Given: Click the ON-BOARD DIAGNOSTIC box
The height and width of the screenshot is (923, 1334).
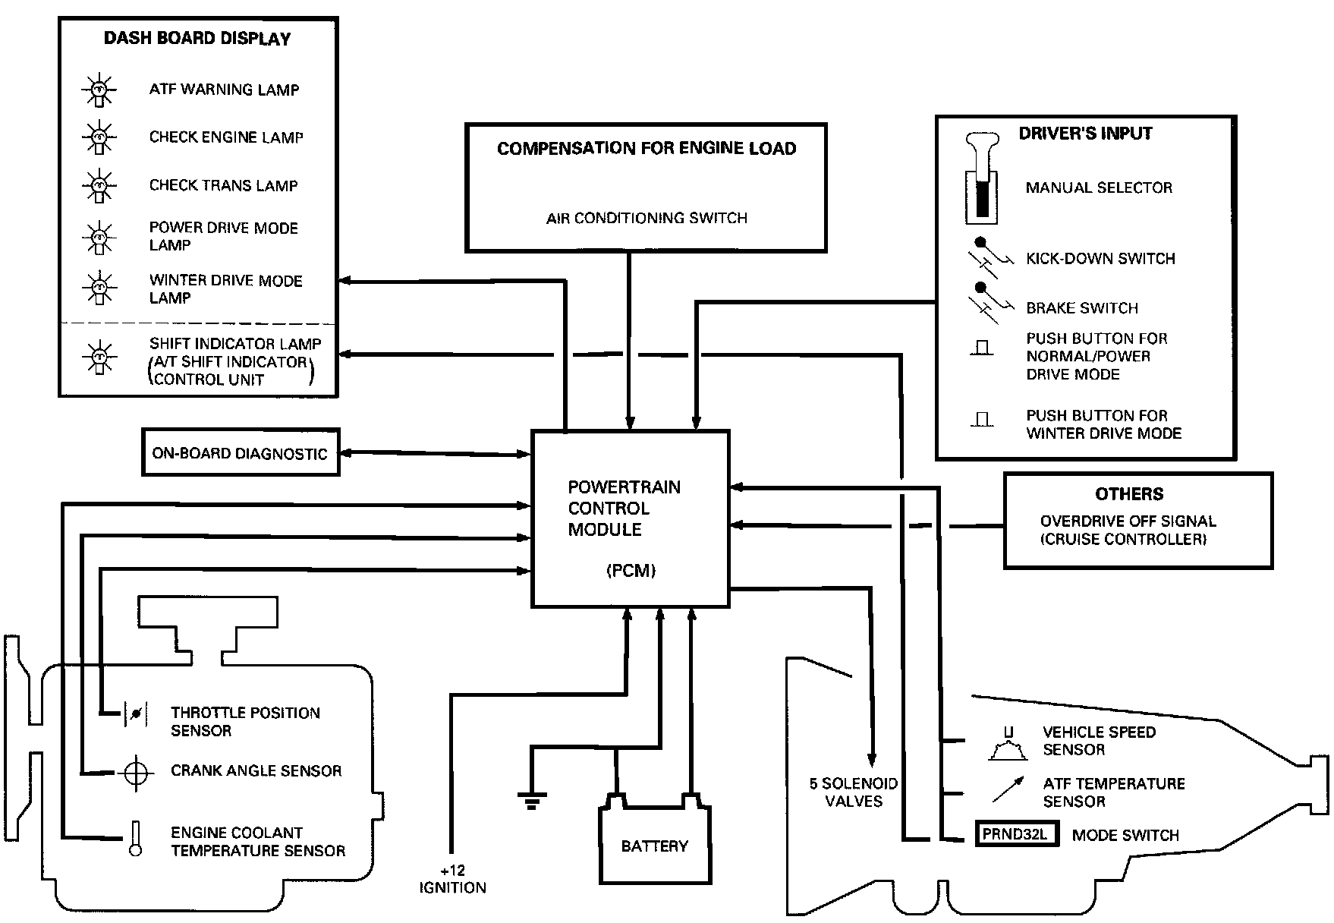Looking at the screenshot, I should point(240,453).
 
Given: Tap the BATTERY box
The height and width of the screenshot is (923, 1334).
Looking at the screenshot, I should point(655,845).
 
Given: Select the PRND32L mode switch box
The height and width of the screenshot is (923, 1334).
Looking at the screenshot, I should point(1015,834).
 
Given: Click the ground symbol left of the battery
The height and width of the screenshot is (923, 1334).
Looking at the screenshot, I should point(531,799).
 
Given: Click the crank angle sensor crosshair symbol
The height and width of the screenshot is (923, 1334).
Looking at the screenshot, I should point(136,772).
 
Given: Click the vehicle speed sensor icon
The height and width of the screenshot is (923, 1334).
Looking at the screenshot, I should point(1008,745).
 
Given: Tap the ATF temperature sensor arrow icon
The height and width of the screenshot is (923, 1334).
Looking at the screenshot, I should point(1008,789).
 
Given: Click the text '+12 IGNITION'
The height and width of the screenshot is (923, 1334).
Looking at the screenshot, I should point(452,879).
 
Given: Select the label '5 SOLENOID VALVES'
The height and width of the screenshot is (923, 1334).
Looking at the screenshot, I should point(854,792).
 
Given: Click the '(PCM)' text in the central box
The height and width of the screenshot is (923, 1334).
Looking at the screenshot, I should point(631,571).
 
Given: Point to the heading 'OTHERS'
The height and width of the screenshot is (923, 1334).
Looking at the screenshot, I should point(1128,494).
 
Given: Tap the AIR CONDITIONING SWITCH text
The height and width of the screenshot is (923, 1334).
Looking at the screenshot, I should point(647,219).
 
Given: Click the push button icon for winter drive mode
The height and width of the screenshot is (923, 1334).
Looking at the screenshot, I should point(982,420).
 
